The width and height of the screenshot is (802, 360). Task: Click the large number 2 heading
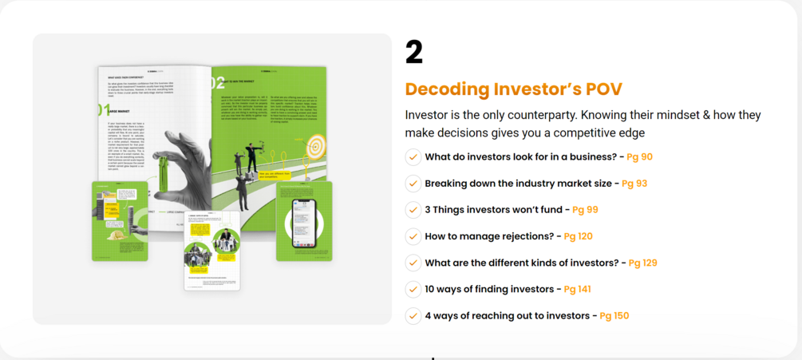414,53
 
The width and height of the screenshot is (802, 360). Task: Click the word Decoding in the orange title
445,89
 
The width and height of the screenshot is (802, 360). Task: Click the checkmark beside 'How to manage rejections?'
413,236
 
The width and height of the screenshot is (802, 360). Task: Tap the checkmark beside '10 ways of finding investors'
413,289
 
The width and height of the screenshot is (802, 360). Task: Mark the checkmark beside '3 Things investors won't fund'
413,210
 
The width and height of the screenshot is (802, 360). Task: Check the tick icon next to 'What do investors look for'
413,157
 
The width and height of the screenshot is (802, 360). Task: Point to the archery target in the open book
316,145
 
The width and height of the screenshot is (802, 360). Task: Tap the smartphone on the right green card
303,222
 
